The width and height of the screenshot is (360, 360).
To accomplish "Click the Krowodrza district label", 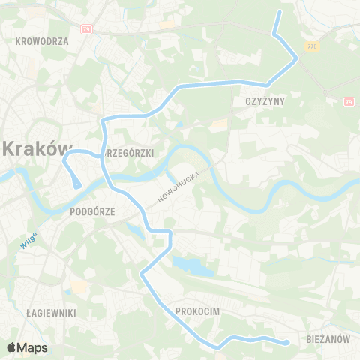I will click(41, 41).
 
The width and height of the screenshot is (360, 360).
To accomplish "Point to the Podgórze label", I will click(91, 211).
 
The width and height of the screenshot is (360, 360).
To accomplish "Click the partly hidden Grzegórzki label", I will click(131, 153).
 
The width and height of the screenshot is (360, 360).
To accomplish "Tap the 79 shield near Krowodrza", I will click(87, 28).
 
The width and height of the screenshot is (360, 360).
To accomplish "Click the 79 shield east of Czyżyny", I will click(349, 101).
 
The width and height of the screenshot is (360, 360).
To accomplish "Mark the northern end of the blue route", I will click(280, 13).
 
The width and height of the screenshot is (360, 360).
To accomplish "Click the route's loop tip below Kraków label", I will click(76, 184).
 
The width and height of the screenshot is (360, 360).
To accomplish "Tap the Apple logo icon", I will click(11, 347).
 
